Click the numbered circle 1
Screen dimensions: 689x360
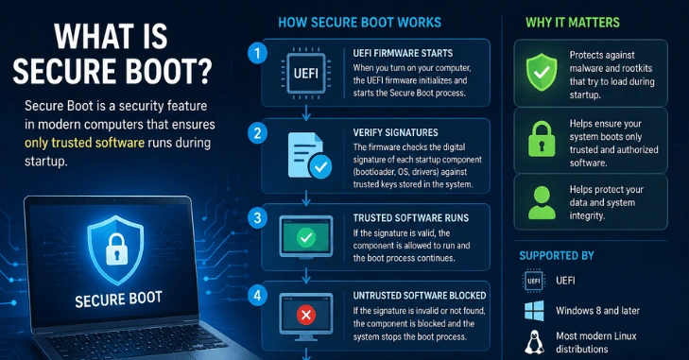click(x=257, y=53)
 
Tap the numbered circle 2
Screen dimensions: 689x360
click(x=257, y=133)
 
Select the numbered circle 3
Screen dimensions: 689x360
click(x=257, y=218)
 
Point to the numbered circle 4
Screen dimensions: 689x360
click(x=257, y=296)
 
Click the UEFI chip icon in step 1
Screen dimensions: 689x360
click(x=306, y=73)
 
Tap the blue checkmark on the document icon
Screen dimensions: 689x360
click(x=320, y=167)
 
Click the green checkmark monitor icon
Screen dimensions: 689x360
click(x=306, y=237)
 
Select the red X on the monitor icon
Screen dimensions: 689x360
click(x=306, y=315)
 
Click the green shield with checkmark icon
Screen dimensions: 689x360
click(x=542, y=72)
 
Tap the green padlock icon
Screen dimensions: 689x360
click(x=542, y=139)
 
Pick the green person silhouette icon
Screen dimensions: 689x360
click(x=542, y=203)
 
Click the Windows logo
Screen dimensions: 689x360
click(x=534, y=311)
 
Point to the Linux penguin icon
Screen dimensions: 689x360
click(x=534, y=342)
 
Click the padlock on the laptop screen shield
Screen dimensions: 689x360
click(x=116, y=249)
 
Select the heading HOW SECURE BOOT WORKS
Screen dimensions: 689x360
click(x=360, y=23)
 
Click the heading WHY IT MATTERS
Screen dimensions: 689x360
click(x=573, y=23)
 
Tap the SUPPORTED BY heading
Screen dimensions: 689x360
click(x=557, y=256)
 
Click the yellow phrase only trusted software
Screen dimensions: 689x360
click(x=84, y=143)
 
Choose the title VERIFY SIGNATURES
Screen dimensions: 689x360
click(x=395, y=132)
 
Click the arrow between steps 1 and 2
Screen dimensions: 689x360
click(x=306, y=112)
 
